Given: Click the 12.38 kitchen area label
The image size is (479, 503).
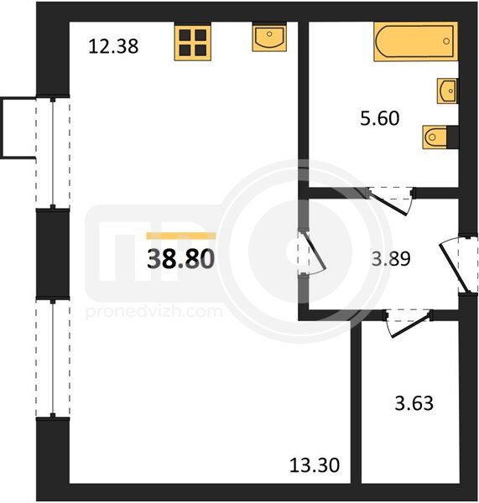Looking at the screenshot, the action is (x=113, y=46).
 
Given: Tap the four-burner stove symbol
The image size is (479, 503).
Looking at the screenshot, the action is (x=193, y=42).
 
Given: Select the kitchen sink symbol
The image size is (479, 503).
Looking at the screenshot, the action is (x=269, y=38).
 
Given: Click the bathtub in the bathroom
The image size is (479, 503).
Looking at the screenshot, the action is (x=416, y=41).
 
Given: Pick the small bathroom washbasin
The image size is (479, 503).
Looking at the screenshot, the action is (x=447, y=91).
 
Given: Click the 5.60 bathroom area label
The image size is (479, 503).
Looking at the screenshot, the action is (x=380, y=118).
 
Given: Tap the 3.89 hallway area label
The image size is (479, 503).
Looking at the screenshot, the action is (x=391, y=259).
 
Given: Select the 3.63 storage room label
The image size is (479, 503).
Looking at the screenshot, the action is (x=414, y=403).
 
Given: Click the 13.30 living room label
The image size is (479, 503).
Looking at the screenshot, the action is (x=315, y=465).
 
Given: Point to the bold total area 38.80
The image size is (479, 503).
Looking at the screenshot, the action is (x=180, y=259).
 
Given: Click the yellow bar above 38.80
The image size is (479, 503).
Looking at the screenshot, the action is (x=181, y=236).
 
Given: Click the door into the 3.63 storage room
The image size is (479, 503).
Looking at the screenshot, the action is (x=408, y=323).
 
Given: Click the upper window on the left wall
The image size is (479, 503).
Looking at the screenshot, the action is (x=53, y=153).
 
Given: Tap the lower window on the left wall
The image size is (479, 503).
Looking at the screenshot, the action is (x=53, y=359).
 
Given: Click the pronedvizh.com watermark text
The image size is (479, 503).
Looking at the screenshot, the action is (x=154, y=312).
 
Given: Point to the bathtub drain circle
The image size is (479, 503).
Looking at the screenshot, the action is (x=446, y=41).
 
